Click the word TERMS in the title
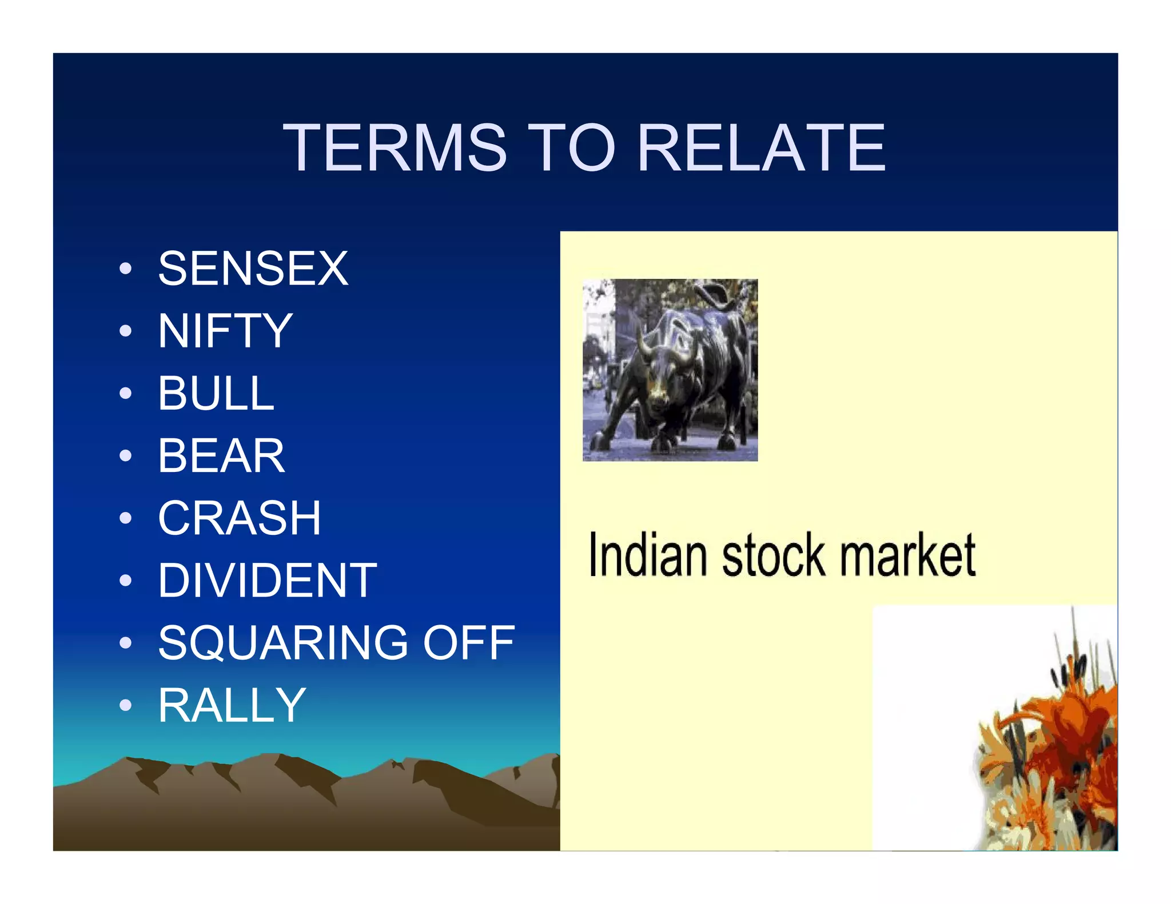point(395,148)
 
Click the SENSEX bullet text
point(253,268)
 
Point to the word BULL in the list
point(216,393)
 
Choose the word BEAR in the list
point(221,455)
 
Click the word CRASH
point(240,518)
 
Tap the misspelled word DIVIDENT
point(267,581)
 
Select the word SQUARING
point(283,643)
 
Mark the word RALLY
point(232,705)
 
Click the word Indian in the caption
point(648,555)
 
